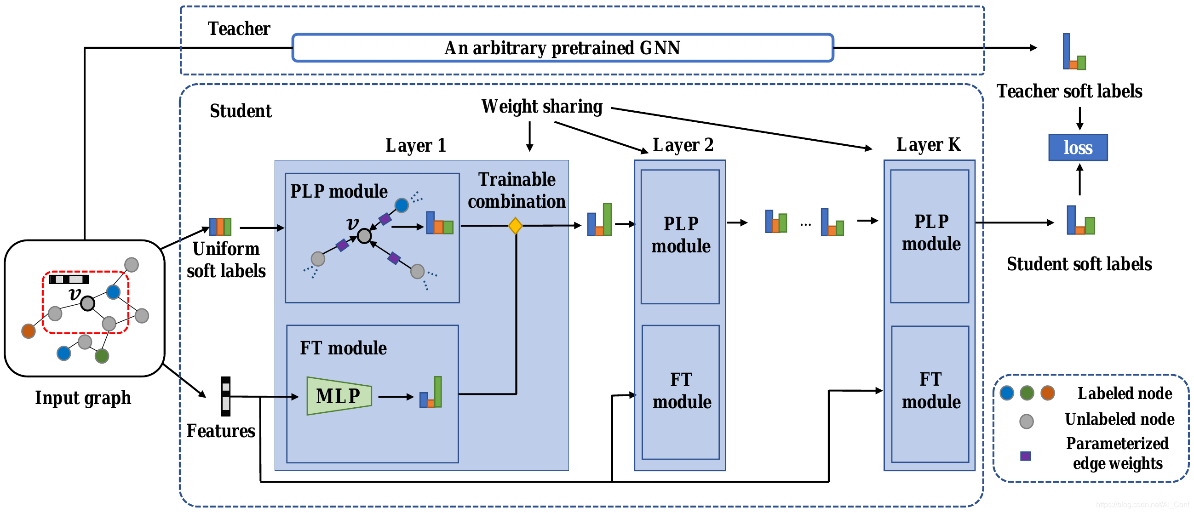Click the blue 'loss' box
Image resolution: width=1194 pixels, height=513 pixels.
(x=1078, y=148)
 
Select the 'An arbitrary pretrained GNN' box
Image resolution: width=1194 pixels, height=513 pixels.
(x=562, y=48)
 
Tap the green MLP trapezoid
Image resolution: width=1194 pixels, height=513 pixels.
(x=339, y=395)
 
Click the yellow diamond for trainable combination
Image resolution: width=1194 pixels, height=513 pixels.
(x=515, y=226)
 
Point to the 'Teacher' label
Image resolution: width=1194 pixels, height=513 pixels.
(x=239, y=29)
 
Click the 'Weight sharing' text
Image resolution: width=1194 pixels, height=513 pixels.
(x=541, y=107)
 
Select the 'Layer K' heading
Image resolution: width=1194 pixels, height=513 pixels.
(x=928, y=145)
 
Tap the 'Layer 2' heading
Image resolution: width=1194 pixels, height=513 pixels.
(x=682, y=145)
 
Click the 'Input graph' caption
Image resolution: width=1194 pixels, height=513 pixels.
(x=83, y=398)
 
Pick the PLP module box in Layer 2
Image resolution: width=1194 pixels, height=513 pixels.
(x=680, y=236)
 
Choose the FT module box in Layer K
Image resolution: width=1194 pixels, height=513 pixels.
(x=930, y=393)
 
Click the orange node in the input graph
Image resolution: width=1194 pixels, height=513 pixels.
(x=29, y=331)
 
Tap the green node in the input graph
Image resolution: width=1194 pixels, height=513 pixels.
(x=102, y=356)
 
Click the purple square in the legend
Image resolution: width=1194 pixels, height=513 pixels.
(x=1025, y=456)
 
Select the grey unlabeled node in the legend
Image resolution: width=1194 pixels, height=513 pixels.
(x=1026, y=421)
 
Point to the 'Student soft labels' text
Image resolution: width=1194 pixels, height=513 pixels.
(x=1079, y=264)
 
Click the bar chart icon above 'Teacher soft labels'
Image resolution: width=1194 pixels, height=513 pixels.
(x=1073, y=52)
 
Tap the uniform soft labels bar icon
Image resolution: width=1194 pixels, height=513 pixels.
(x=220, y=227)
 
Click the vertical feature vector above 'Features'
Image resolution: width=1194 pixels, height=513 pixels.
(x=226, y=396)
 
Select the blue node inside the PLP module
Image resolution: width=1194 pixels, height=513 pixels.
(x=402, y=205)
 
